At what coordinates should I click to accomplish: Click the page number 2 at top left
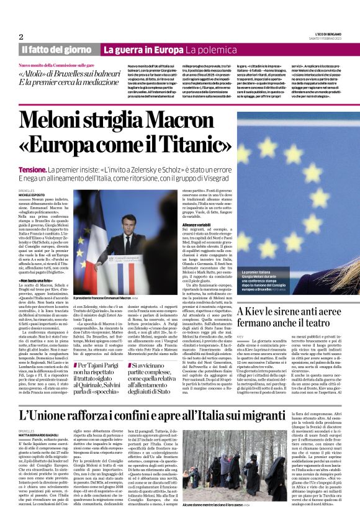pyautogui.click(x=20, y=36)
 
